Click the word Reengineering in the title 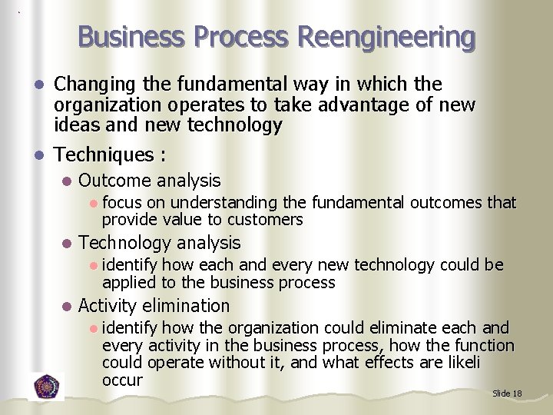click(x=386, y=36)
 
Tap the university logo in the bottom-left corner click(x=48, y=385)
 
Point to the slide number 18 click(x=517, y=393)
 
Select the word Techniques click(x=104, y=154)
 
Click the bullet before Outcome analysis click(x=68, y=181)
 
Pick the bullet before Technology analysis click(x=68, y=244)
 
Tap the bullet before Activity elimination click(x=68, y=306)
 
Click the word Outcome click(x=114, y=181)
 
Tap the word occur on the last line click(x=122, y=380)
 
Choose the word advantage click(x=362, y=104)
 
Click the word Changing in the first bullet click(x=92, y=83)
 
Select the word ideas click(x=77, y=124)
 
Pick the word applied click(x=128, y=282)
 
